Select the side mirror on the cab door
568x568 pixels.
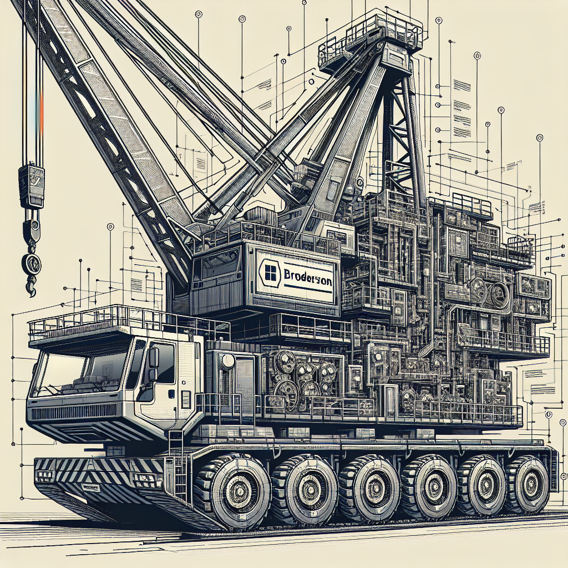tap(153, 358)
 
